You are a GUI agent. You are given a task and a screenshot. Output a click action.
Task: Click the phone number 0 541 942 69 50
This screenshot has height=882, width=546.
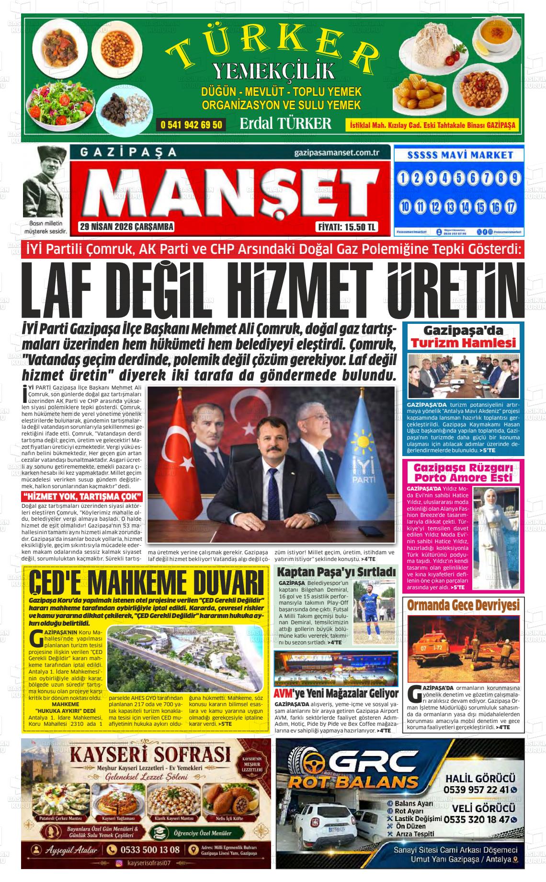[x=192, y=125]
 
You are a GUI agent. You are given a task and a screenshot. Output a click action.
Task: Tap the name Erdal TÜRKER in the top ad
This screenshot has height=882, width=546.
[x=285, y=124]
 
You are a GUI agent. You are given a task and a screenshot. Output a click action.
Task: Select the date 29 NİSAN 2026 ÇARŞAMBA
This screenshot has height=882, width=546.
[x=126, y=227]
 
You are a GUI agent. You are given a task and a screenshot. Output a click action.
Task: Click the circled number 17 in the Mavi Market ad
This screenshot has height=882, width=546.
[x=511, y=207]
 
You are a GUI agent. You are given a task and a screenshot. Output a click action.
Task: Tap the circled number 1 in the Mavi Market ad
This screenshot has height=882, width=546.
[x=403, y=179]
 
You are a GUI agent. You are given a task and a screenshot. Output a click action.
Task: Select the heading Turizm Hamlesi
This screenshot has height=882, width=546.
[x=463, y=343]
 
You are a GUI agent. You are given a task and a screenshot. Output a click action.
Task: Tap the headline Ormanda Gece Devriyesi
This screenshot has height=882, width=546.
[x=463, y=606]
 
